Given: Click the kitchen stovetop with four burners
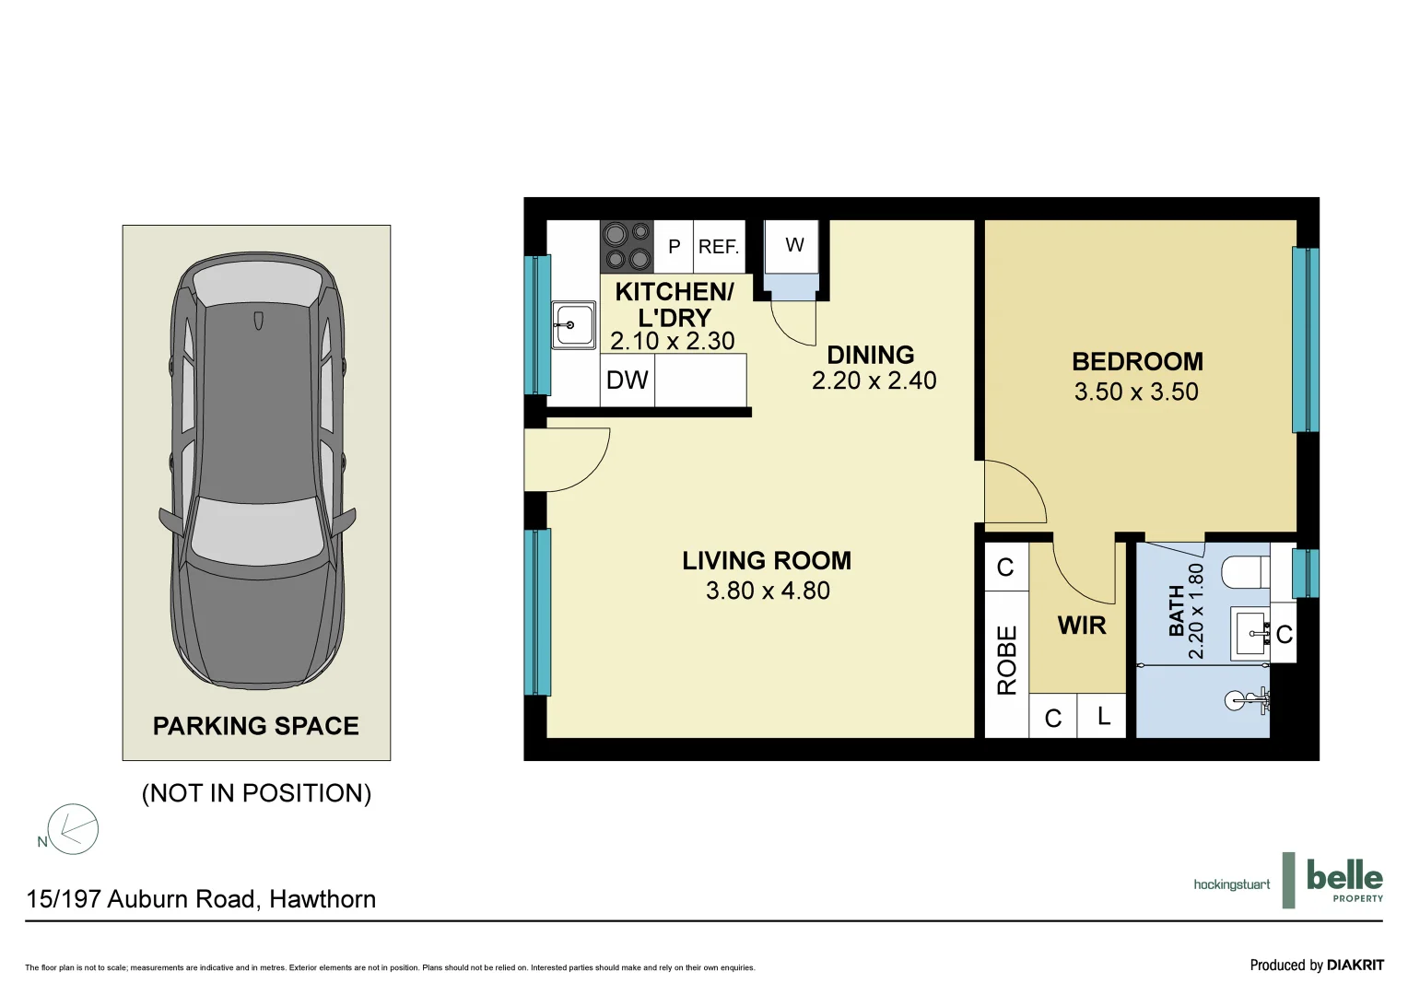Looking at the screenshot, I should pyautogui.click(x=628, y=246).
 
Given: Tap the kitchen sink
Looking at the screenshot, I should pyautogui.click(x=573, y=325).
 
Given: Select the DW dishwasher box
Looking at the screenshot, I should pyautogui.click(x=628, y=380).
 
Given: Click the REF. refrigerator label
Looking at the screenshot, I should pyautogui.click(x=719, y=247).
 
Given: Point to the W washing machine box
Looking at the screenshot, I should pyautogui.click(x=794, y=246).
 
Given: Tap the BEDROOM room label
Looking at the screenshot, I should pyautogui.click(x=1137, y=362).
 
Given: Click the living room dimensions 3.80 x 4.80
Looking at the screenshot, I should pyautogui.click(x=768, y=591).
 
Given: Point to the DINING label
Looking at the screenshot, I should pyautogui.click(x=871, y=356).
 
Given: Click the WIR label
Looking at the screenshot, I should pyautogui.click(x=1082, y=626).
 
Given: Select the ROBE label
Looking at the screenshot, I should pyautogui.click(x=1007, y=660).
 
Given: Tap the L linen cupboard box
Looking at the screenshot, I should pyautogui.click(x=1103, y=717).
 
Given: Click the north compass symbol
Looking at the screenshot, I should pyautogui.click(x=72, y=829).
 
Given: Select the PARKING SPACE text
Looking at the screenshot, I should pyautogui.click(x=256, y=726).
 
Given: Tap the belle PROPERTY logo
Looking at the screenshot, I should pyautogui.click(x=1343, y=880).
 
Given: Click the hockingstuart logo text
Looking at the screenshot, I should pyautogui.click(x=1231, y=884).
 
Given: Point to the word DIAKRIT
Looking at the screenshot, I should pyautogui.click(x=1355, y=965).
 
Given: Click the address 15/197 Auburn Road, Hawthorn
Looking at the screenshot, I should pyautogui.click(x=201, y=899).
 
